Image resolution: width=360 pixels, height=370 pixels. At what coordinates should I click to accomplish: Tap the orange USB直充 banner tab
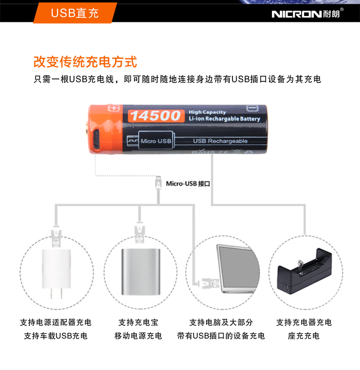tap(75, 13)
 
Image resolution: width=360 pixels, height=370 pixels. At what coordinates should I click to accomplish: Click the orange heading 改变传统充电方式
tap(85, 62)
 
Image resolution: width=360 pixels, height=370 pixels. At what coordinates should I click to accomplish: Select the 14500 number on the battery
tap(156, 116)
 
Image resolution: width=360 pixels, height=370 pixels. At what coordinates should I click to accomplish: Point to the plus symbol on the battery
tap(114, 108)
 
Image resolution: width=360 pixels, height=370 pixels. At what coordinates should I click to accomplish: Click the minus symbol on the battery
tap(252, 108)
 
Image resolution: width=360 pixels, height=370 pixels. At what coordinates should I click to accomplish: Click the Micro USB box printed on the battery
tap(156, 141)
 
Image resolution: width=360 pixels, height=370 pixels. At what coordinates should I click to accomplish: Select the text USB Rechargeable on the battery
tap(221, 141)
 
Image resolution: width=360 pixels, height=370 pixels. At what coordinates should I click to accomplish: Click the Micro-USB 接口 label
tap(188, 184)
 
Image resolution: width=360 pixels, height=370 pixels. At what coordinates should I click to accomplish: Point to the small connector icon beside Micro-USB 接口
tap(158, 182)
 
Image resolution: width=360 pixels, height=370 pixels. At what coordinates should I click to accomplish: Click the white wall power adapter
tap(57, 274)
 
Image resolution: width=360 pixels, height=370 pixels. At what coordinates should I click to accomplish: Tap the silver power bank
tap(141, 272)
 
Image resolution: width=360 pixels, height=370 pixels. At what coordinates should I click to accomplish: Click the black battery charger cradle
tap(304, 272)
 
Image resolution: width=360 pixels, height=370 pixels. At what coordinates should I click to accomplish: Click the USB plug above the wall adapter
tap(56, 236)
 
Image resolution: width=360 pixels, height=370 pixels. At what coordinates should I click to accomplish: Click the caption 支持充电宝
tap(139, 322)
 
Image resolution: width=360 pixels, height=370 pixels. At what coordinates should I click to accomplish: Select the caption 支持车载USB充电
tap(56, 336)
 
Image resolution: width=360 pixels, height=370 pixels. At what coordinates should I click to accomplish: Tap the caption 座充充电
tap(303, 336)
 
